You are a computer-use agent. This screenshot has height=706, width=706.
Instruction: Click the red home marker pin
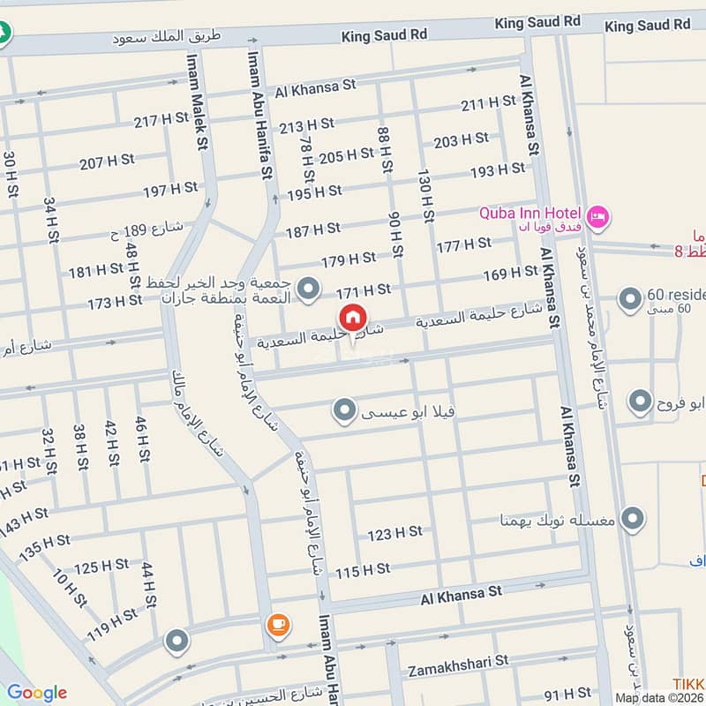(351, 318)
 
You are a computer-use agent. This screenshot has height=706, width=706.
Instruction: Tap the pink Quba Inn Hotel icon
(597, 214)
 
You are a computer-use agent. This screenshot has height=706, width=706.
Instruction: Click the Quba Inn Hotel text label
(529, 214)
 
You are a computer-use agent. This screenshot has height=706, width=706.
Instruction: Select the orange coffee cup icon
(277, 625)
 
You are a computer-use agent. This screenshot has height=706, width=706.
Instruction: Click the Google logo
(36, 692)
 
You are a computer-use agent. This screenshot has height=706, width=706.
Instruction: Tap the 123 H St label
(394, 533)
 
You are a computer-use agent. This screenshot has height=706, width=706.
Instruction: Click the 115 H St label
(362, 571)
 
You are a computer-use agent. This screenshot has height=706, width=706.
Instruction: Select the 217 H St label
(161, 119)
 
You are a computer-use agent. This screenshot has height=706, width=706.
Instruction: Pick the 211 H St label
(488, 104)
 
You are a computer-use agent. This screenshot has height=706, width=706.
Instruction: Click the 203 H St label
(461, 140)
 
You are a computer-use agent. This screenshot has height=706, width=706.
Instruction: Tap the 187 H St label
(312, 229)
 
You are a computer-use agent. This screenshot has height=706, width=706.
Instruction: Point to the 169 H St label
(510, 275)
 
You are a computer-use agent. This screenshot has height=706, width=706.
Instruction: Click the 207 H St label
(106, 161)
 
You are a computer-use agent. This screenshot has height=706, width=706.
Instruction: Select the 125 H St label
(101, 567)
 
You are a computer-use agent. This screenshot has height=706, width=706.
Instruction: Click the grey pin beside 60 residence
(629, 300)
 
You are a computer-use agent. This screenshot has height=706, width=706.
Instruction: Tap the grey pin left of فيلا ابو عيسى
(344, 409)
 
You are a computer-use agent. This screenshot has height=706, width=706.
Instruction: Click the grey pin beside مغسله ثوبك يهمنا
(632, 519)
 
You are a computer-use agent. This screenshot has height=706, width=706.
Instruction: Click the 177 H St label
(463, 244)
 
